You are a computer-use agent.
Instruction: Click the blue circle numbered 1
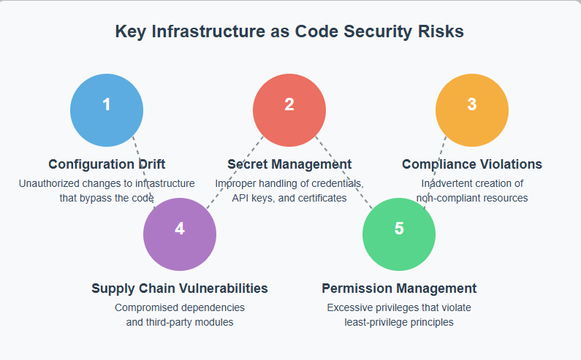pyautogui.click(x=107, y=110)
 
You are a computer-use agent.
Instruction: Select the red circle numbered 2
pyautogui.click(x=289, y=110)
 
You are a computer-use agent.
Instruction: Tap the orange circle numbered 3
pyautogui.click(x=472, y=110)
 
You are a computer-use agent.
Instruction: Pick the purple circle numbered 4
pyautogui.click(x=180, y=234)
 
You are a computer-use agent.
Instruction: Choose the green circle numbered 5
pyautogui.click(x=399, y=234)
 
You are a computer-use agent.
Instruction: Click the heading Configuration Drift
pyautogui.click(x=107, y=164)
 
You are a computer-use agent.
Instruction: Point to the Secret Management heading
pyautogui.click(x=289, y=164)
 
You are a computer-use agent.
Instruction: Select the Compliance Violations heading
pyautogui.click(x=472, y=164)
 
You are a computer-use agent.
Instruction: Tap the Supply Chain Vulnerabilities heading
pyautogui.click(x=180, y=288)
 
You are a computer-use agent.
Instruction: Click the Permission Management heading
pyautogui.click(x=399, y=288)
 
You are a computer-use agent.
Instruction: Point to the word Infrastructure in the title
pyautogui.click(x=208, y=31)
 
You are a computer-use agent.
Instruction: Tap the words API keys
pyautogui.click(x=254, y=199)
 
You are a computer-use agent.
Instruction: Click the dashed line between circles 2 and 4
pyautogui.click(x=235, y=172)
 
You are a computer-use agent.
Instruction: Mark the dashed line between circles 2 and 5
pyautogui.click(x=344, y=172)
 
